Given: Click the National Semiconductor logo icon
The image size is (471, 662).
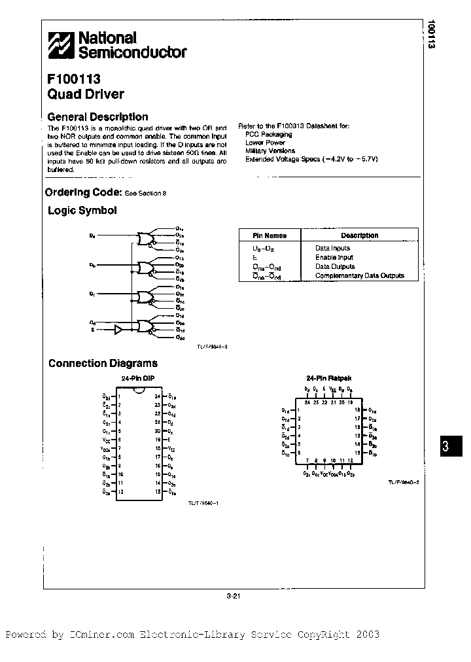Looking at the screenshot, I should pos(61,45).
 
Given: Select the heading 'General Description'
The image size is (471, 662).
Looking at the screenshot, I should pos(98,117).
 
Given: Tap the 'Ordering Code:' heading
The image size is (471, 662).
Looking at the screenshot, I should pos(83,192).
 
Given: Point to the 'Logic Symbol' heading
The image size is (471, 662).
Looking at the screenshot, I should pos(82,211).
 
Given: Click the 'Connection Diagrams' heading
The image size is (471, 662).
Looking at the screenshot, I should pos(103,364).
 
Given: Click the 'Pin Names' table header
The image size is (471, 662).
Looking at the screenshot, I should pos(270,235).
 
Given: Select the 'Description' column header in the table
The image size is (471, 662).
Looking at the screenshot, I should pos(359,235).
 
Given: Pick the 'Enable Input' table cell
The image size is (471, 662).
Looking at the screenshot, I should pos(334,258).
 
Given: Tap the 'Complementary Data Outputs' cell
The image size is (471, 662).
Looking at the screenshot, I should pos(359,276).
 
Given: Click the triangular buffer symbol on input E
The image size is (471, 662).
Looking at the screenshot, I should pos(118,330).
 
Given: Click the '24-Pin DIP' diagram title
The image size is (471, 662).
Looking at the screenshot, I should pos(137,379).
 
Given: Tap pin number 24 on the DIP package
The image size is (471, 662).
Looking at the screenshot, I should pos(157,396).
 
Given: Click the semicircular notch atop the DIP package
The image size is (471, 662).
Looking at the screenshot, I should pos(138,392).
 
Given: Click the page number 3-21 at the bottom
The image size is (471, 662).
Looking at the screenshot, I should pos(234,596).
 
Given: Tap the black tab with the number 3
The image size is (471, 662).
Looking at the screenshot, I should pos(445,447).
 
